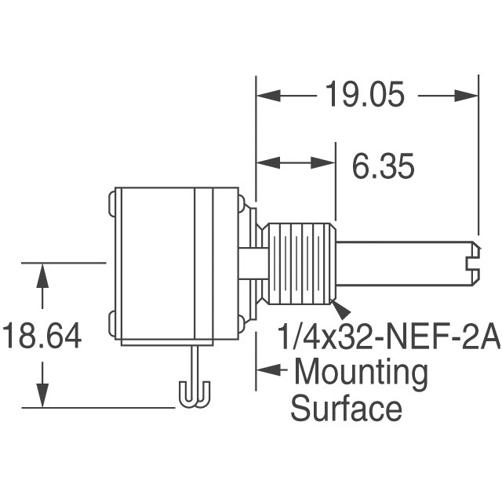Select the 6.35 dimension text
(383, 166)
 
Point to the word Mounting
(360, 373)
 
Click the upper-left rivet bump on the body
(111, 206)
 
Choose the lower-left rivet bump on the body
(111, 320)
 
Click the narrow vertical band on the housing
(204, 264)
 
